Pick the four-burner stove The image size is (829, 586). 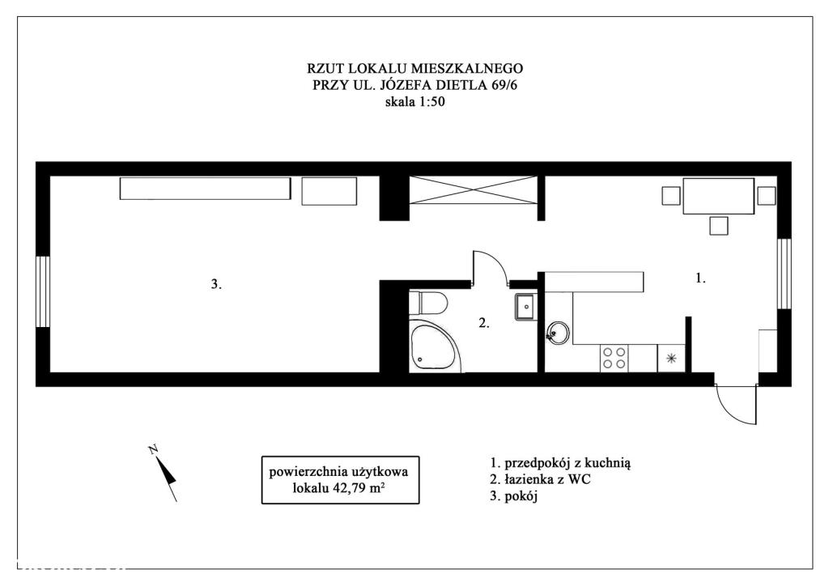click(614, 358)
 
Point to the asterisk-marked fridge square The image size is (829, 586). click(671, 359)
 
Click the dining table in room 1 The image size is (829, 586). click(719, 196)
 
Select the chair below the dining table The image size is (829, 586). click(719, 226)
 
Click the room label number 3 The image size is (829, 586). click(216, 284)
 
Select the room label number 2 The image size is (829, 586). click(484, 324)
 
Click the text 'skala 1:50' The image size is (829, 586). click(415, 102)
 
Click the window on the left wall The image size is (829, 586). click(43, 291)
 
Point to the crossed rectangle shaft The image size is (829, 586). click(474, 189)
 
